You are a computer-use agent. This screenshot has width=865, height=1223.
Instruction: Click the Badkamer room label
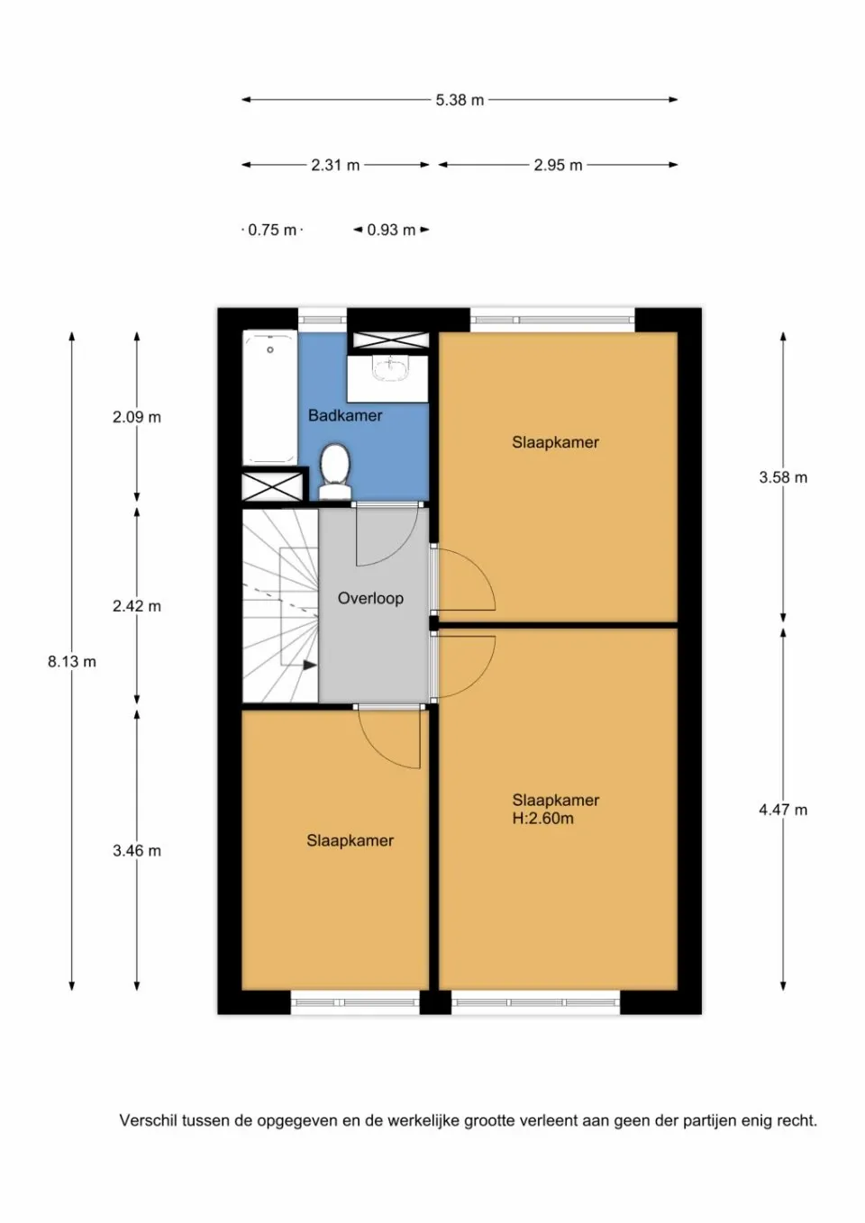[345, 415]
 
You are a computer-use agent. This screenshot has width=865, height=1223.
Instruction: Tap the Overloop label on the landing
[370, 598]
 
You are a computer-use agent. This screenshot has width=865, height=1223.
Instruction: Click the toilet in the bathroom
[335, 470]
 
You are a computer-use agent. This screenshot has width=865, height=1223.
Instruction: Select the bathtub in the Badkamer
[269, 397]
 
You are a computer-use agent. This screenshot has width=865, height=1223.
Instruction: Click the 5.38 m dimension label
[460, 100]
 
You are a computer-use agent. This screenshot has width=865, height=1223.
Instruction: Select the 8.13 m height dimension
[72, 661]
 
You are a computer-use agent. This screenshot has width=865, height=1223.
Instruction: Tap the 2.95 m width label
[558, 165]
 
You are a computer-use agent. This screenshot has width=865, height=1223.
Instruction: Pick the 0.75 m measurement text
[272, 230]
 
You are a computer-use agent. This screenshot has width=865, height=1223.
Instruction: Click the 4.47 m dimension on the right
[783, 810]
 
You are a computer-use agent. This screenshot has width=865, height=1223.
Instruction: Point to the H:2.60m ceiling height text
[542, 819]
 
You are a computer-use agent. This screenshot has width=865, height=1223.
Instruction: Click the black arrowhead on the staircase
[309, 666]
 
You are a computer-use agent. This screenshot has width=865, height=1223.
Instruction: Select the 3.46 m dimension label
[137, 850]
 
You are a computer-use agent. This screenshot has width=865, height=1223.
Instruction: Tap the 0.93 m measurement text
[391, 230]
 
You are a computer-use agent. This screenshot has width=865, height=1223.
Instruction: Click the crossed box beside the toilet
[272, 485]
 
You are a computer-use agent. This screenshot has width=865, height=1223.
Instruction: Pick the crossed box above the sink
[390, 340]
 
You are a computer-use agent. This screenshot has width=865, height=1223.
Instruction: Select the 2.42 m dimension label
[137, 606]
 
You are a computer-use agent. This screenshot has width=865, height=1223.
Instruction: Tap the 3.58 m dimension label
[783, 477]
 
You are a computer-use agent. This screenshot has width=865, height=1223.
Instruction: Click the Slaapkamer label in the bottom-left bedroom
[350, 840]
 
